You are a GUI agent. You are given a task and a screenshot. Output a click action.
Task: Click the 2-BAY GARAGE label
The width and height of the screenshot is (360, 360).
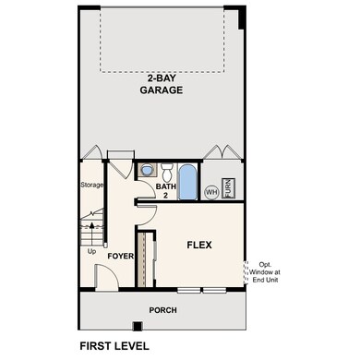161,85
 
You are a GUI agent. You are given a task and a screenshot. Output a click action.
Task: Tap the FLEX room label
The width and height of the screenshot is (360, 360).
199,245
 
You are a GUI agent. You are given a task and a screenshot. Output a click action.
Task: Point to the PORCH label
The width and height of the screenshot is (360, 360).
162,309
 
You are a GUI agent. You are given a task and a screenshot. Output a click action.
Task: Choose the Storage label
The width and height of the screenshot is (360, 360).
91,185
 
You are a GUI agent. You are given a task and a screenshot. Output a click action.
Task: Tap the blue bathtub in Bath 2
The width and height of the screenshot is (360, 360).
187,182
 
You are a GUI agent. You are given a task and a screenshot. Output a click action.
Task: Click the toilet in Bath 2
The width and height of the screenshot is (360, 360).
167,171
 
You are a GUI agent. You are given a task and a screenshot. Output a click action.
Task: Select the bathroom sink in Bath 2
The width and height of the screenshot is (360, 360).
147,170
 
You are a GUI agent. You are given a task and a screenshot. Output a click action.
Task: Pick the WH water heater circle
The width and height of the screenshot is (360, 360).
211,192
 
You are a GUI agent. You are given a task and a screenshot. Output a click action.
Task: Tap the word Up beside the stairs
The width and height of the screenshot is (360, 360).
90,251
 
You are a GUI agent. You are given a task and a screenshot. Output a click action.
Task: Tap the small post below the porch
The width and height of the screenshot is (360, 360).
137,326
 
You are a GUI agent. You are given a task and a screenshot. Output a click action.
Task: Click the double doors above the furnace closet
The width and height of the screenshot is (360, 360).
222,151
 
